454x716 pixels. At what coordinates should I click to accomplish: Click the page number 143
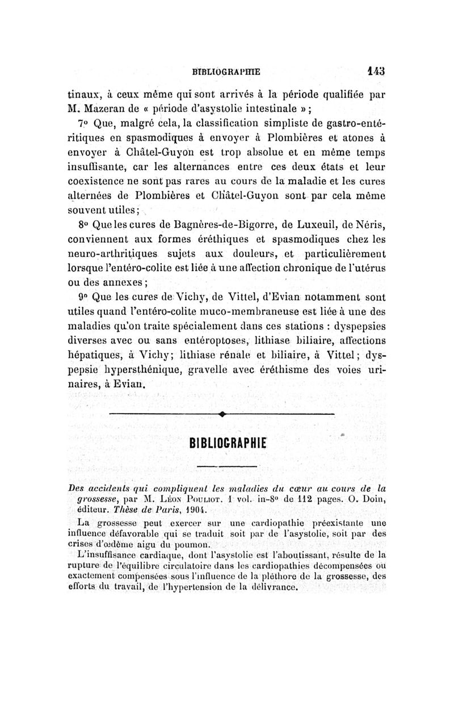click(x=359, y=71)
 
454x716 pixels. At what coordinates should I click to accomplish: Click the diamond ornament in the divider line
click(x=220, y=415)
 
